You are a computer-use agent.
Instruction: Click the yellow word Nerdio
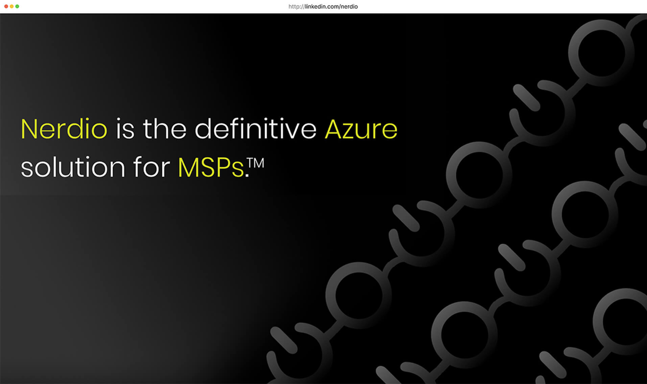click(64, 129)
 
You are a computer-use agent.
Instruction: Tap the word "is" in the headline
click(125, 129)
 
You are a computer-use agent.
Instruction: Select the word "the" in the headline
click(165, 129)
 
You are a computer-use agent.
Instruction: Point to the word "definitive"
click(256, 129)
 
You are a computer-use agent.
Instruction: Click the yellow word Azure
click(361, 129)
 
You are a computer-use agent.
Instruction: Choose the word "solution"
click(73, 167)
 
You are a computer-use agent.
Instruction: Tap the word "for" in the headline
click(151, 167)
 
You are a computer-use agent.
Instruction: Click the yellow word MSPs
click(211, 167)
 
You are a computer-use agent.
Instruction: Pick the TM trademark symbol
click(256, 163)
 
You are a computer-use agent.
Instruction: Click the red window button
click(6, 6)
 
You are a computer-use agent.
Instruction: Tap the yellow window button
click(11, 6)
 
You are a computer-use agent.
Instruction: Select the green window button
click(17, 6)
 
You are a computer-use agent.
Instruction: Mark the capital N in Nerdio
click(30, 129)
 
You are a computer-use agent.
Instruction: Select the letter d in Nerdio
click(78, 129)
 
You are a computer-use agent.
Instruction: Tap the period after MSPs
click(247, 175)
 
